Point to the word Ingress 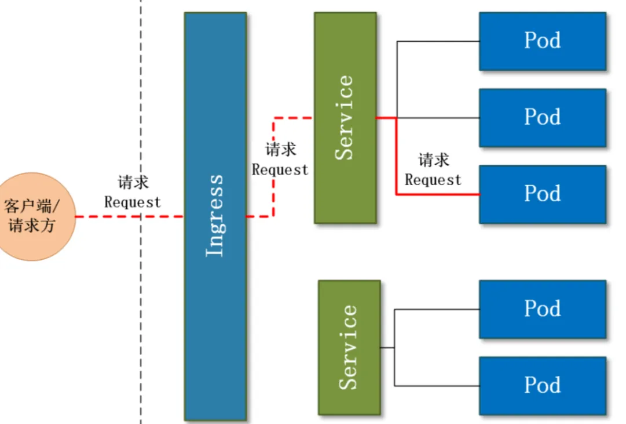tap(215, 215)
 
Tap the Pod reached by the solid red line tap(542, 194)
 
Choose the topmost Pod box tap(542, 41)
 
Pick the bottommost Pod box tap(542, 386)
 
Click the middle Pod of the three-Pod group tap(542, 118)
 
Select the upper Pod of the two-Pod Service tap(542, 309)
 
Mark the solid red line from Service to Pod tap(397, 157)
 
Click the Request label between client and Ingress tap(133, 202)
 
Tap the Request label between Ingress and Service tap(280, 170)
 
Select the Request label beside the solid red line tap(433, 180)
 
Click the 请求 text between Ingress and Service tap(281, 150)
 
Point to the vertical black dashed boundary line tap(141, 319)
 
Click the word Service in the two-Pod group tap(348, 347)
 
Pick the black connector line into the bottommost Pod tap(437, 386)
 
